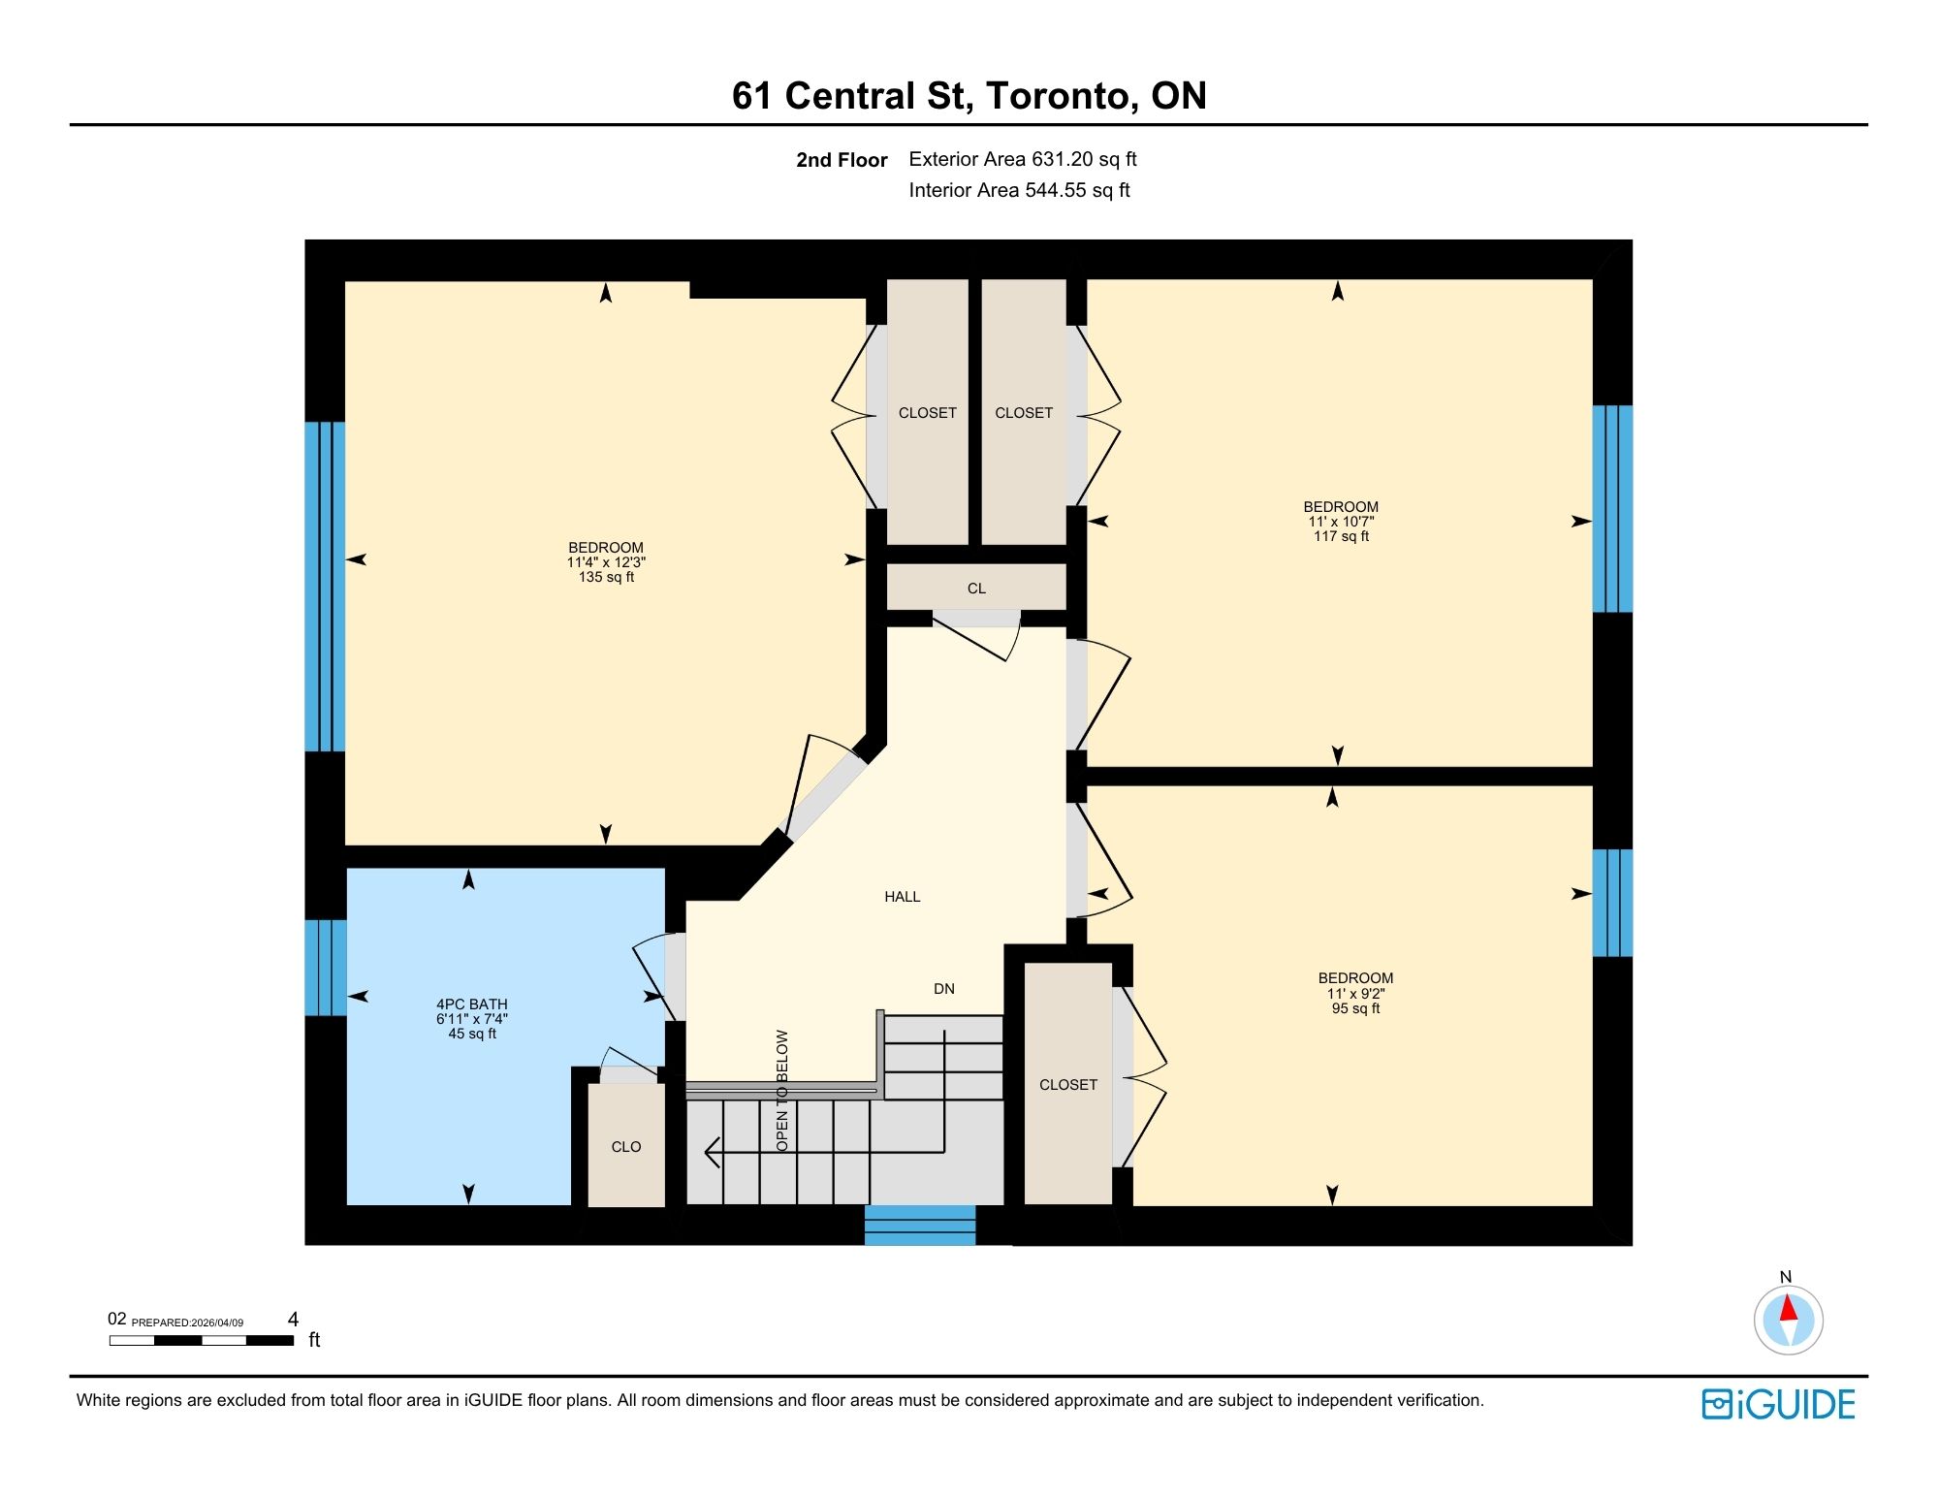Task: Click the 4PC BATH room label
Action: tap(471, 1004)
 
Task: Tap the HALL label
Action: tap(902, 897)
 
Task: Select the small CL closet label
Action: tap(976, 589)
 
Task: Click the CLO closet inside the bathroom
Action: tap(626, 1147)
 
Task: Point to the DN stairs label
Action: tap(943, 989)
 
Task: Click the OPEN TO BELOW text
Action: tap(782, 1090)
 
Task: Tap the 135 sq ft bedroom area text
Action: tap(606, 577)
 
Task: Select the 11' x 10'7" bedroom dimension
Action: tap(1341, 522)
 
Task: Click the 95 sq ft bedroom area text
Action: tap(1355, 1008)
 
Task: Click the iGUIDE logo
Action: tap(1778, 1404)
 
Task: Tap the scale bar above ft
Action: tap(202, 1341)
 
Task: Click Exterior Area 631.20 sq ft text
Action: tap(1022, 159)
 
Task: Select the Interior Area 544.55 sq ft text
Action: tap(1019, 190)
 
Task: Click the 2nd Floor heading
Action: tap(842, 160)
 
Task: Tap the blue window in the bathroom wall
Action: tap(325, 968)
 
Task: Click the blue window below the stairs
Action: tap(919, 1226)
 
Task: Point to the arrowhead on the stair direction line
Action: tap(711, 1152)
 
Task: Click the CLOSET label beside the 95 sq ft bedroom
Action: tap(1067, 1085)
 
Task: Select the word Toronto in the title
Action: tap(1062, 95)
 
